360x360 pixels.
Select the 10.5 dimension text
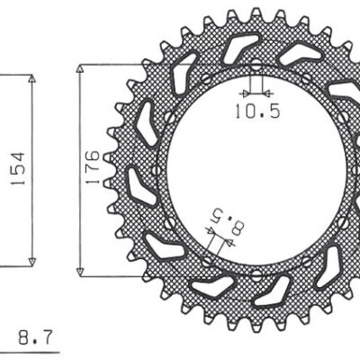tap(255, 112)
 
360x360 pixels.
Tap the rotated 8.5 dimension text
tap(227, 220)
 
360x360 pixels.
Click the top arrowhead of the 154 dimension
tap(33, 79)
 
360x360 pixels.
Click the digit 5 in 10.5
tap(267, 112)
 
